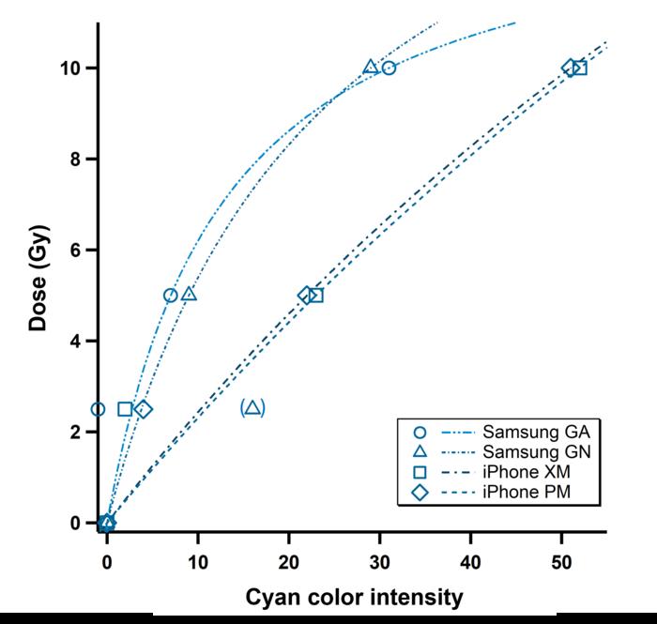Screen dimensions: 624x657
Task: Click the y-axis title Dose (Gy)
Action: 38,278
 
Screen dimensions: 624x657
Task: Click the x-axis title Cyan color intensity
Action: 355,597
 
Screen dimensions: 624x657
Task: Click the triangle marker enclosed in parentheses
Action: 252,407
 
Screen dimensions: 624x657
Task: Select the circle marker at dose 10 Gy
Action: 389,68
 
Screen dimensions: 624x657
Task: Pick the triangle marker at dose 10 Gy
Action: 371,67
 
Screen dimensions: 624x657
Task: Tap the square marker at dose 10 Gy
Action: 579,68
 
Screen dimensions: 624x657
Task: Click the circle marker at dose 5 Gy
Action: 171,295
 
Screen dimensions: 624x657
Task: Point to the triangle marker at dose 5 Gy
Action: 189,294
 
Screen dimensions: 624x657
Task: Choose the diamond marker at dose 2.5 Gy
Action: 143,409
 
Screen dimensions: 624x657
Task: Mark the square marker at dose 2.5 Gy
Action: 125,409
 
